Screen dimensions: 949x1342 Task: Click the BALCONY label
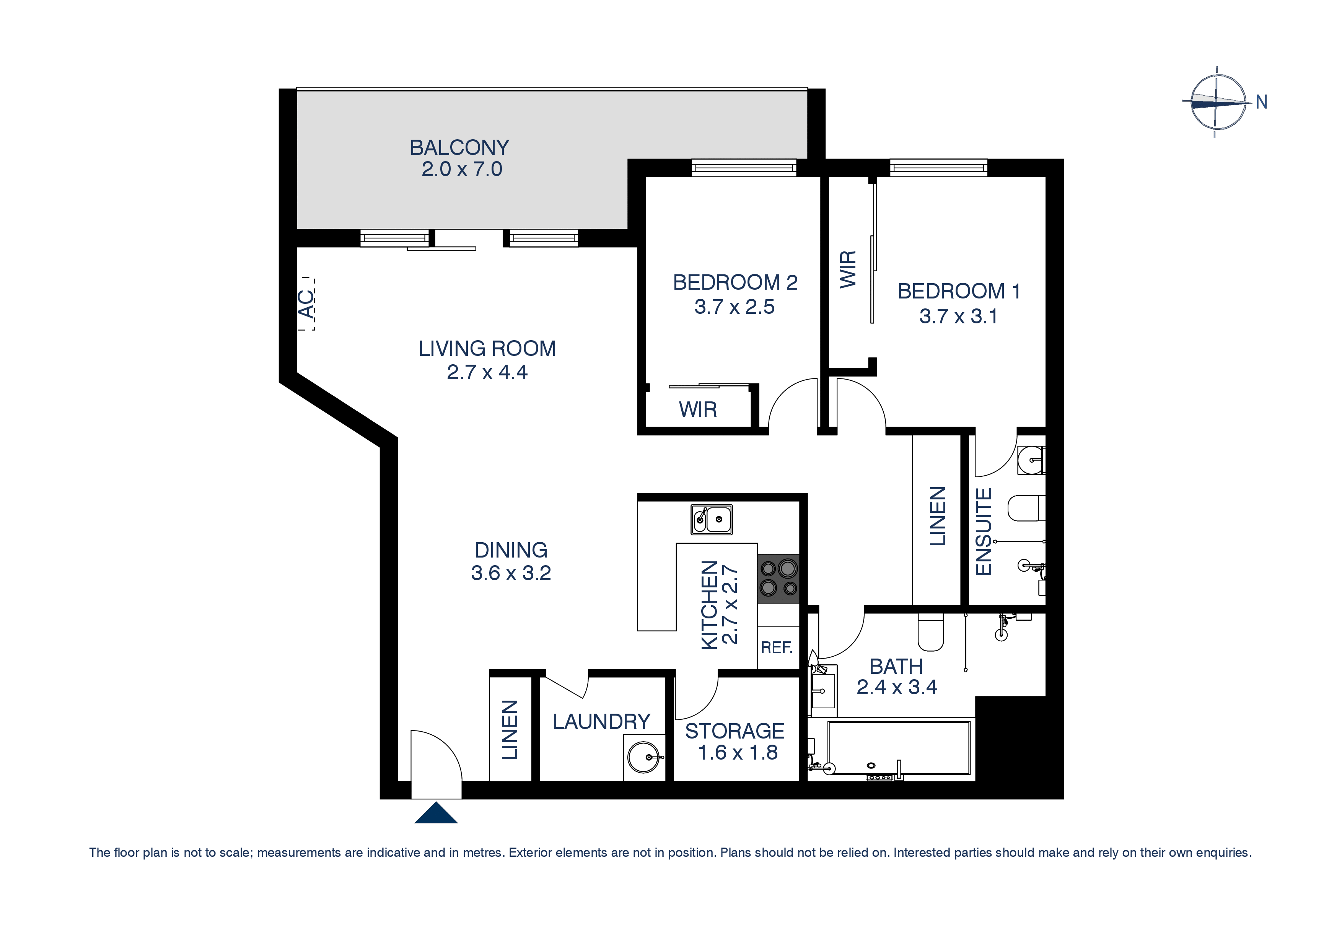click(x=459, y=147)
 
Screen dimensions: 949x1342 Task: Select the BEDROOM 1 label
click(x=959, y=291)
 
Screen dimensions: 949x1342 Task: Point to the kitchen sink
click(x=711, y=519)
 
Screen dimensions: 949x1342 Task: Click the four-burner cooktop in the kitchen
click(x=778, y=578)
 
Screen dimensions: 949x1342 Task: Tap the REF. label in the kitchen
click(x=776, y=647)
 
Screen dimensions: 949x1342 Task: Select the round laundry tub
click(x=643, y=757)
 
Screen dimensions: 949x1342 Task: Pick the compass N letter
click(x=1261, y=102)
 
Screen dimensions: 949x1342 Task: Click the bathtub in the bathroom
click(x=899, y=748)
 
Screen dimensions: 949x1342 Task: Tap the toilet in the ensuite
click(x=1026, y=508)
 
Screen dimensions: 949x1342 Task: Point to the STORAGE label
click(x=735, y=731)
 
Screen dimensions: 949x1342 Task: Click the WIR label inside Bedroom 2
click(x=698, y=409)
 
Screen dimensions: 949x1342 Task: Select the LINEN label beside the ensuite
click(x=938, y=516)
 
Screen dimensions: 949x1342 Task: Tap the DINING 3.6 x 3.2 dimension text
click(x=511, y=573)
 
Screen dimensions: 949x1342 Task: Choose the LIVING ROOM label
click(x=487, y=349)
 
